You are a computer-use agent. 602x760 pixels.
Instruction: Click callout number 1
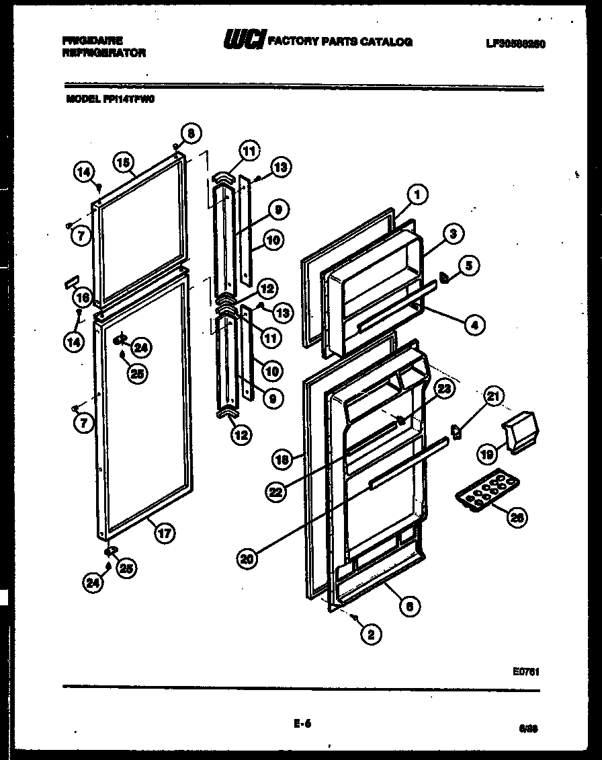point(417,196)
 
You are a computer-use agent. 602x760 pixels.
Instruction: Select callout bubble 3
point(454,233)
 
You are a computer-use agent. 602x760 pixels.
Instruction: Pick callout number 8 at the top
point(190,133)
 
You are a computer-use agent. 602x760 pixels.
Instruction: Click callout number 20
point(247,556)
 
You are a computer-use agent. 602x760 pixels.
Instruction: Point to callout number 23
point(445,389)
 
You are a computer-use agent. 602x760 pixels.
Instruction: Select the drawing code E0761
point(529,671)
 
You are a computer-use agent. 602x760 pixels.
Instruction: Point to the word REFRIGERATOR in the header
point(103,52)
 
